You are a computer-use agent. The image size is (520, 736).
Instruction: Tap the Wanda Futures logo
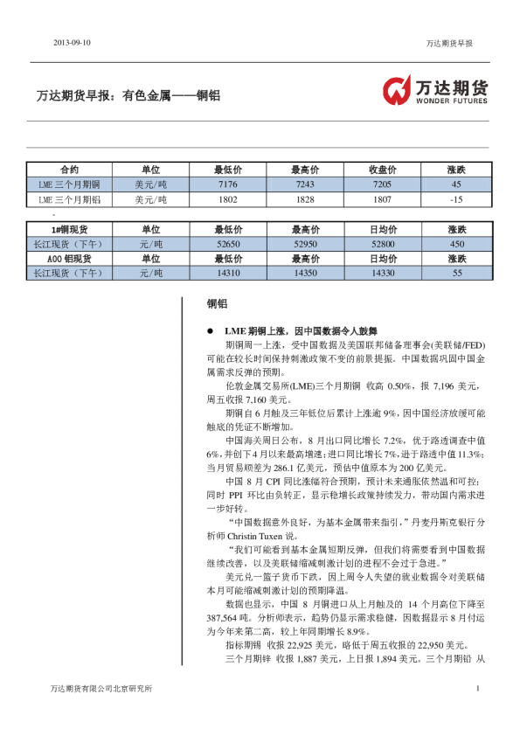pyautogui.click(x=433, y=90)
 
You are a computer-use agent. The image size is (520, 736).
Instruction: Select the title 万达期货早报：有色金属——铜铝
pyautogui.click(x=128, y=95)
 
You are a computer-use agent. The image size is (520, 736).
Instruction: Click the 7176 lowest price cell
pyautogui.click(x=227, y=184)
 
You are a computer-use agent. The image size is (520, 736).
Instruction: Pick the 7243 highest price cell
pyautogui.click(x=304, y=184)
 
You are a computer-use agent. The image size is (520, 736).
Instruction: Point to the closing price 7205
pyautogui.click(x=381, y=184)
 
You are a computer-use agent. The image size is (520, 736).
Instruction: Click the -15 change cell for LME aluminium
pyautogui.click(x=455, y=199)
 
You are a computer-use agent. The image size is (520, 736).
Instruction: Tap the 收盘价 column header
pyautogui.click(x=381, y=170)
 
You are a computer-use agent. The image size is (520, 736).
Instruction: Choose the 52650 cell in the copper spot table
pyautogui.click(x=227, y=244)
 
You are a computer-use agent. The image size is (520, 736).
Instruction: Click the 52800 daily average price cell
pyautogui.click(x=382, y=244)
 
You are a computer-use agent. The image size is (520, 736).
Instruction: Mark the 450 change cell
pyautogui.click(x=456, y=244)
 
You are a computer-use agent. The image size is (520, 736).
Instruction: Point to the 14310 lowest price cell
pyautogui.click(x=227, y=274)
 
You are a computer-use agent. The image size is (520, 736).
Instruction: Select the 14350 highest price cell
pyautogui.click(x=304, y=274)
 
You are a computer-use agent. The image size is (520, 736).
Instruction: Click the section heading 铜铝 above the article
pyautogui.click(x=217, y=304)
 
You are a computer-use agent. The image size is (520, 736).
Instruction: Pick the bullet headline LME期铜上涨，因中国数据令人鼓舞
pyautogui.click(x=288, y=331)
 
